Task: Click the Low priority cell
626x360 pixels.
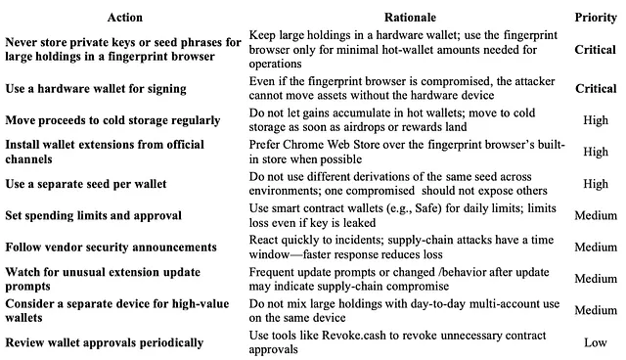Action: point(595,342)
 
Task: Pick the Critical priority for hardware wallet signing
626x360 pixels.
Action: point(595,89)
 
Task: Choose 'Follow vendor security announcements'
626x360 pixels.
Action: point(111,247)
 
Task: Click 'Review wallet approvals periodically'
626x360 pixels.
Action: point(103,342)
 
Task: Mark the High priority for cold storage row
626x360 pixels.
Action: point(595,120)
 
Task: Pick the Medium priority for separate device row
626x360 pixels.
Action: point(595,310)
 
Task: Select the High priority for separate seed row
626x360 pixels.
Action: point(595,184)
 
